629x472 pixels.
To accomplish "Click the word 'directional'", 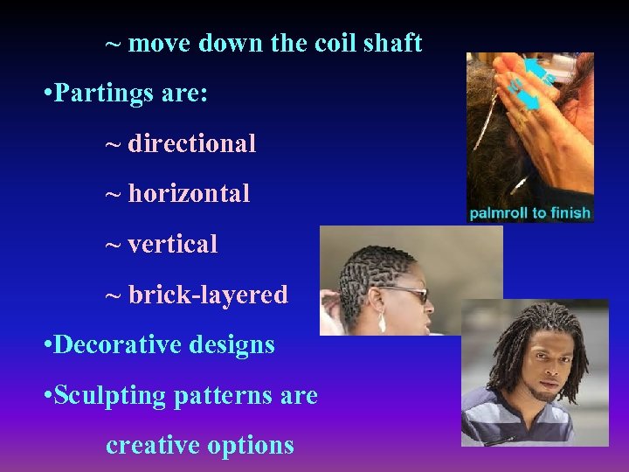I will (192, 143).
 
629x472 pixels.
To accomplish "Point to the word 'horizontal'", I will (189, 193).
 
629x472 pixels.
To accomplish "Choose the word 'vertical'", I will (173, 244).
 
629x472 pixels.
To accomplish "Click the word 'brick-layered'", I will (208, 295).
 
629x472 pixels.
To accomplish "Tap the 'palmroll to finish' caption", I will (529, 212).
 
